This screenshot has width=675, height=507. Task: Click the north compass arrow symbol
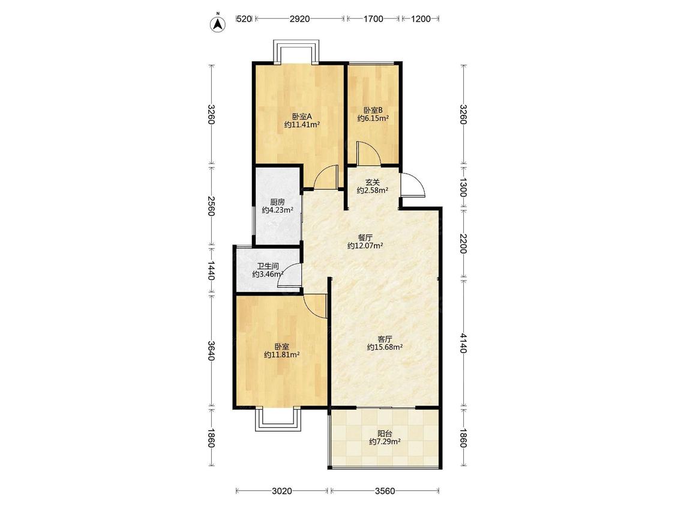point(218,23)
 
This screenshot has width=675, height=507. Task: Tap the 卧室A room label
point(302,117)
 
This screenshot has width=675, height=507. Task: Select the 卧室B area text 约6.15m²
point(373,118)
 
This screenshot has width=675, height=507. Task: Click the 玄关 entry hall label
point(373,183)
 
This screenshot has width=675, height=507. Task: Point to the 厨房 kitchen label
point(278,202)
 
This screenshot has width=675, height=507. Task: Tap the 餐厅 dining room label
point(365,237)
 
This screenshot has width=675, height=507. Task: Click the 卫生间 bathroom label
point(268,267)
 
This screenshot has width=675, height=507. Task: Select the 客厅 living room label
point(385,339)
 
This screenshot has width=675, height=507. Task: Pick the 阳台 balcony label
point(385,434)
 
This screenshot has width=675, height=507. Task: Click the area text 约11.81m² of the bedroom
point(282,355)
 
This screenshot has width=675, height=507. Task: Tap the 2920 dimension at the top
point(299,19)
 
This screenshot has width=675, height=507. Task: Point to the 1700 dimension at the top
point(373,19)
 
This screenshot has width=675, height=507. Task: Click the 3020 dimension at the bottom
point(282,491)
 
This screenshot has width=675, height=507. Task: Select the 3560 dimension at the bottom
point(385,491)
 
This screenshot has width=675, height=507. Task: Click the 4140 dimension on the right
point(463,343)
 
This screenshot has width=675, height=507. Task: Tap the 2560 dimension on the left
point(211,206)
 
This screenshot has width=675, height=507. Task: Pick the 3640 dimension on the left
point(211,351)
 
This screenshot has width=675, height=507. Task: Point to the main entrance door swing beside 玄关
point(412,185)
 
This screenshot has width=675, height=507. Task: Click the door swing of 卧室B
point(368,153)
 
